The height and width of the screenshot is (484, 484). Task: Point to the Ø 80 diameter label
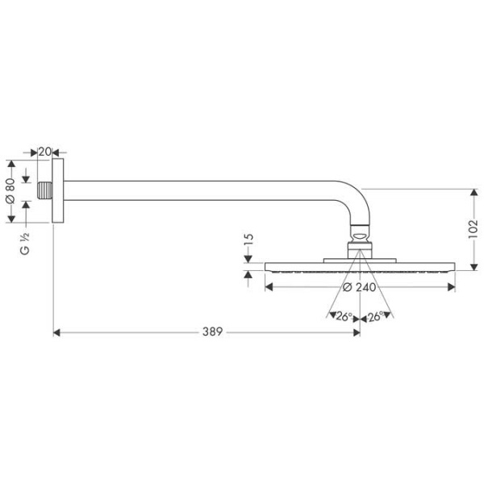tap(10, 190)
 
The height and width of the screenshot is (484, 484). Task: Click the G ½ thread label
tap(25, 244)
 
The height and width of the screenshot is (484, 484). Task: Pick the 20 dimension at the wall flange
tap(45, 152)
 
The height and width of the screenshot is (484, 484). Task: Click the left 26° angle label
tap(344, 317)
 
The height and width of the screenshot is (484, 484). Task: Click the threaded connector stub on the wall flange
tap(45, 192)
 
